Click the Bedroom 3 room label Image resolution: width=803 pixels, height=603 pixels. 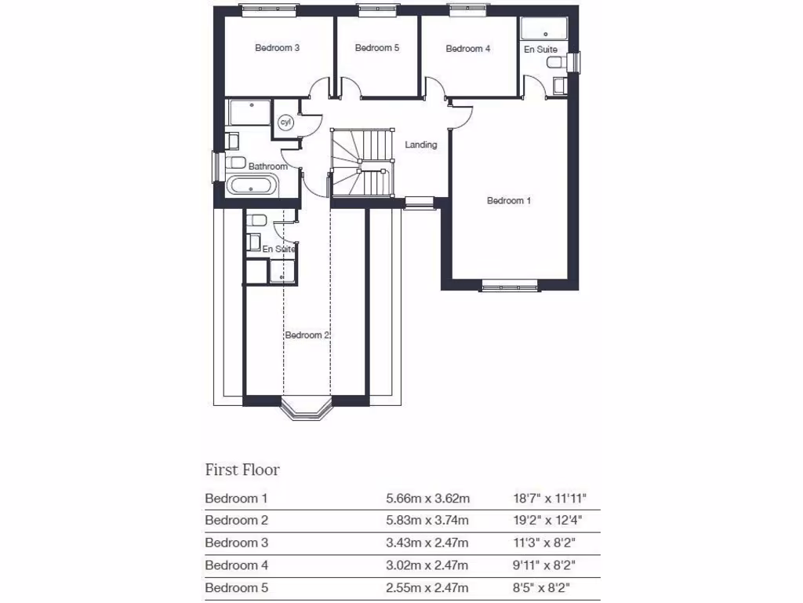click(278, 48)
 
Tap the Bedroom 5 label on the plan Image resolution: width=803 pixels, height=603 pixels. click(377, 48)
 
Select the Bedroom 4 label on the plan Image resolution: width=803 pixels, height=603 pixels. click(468, 49)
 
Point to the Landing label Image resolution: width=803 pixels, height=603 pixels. click(421, 145)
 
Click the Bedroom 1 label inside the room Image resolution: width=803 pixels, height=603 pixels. click(509, 201)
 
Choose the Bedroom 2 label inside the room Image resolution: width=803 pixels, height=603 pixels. click(307, 335)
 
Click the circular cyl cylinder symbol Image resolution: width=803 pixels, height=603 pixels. click(285, 122)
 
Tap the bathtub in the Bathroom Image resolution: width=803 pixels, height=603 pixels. click(251, 186)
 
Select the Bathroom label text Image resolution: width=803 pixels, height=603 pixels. click(267, 166)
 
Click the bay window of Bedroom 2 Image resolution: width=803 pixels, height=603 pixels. click(307, 410)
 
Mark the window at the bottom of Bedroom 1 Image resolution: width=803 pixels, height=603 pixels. click(510, 287)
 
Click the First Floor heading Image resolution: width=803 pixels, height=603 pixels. click(242, 470)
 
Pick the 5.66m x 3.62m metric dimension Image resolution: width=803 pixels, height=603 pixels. click(427, 498)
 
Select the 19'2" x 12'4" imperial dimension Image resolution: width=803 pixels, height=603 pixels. click(546, 520)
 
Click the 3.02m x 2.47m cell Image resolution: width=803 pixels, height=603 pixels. click(427, 565)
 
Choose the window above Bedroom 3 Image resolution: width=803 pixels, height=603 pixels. click(269, 9)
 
